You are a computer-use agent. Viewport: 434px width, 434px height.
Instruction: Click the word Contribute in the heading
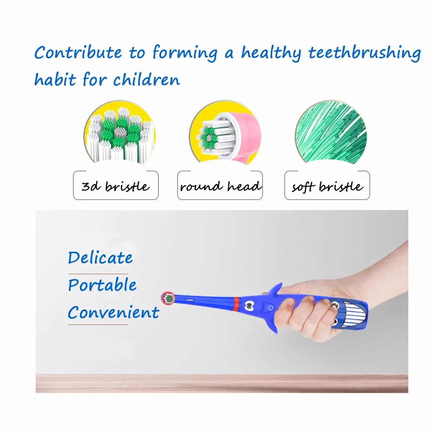(78, 52)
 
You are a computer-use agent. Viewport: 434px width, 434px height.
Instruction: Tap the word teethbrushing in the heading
(365, 53)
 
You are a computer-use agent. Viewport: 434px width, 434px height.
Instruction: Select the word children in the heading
(146, 79)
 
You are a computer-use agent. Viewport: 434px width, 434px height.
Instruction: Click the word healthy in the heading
(271, 53)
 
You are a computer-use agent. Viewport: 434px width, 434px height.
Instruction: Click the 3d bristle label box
(116, 185)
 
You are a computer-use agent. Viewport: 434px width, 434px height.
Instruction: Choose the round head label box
(220, 185)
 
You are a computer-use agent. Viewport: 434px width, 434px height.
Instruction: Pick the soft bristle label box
(327, 185)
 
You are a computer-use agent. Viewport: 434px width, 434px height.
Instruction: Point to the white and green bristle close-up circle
(120, 133)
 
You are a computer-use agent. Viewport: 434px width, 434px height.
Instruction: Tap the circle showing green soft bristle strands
(331, 133)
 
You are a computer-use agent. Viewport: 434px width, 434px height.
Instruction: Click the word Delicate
(100, 258)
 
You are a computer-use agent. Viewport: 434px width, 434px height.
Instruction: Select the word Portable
(102, 285)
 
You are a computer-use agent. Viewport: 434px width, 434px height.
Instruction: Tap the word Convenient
(113, 312)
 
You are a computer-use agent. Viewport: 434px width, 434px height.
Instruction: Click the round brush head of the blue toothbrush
(168, 299)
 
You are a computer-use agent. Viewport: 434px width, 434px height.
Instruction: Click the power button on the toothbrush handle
(270, 308)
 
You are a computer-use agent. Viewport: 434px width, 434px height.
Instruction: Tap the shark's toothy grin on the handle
(353, 314)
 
